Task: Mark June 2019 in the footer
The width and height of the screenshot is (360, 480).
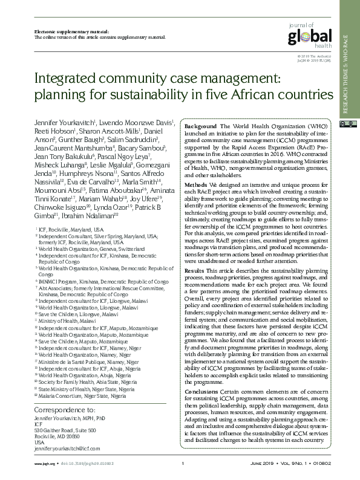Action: click(262, 464)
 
